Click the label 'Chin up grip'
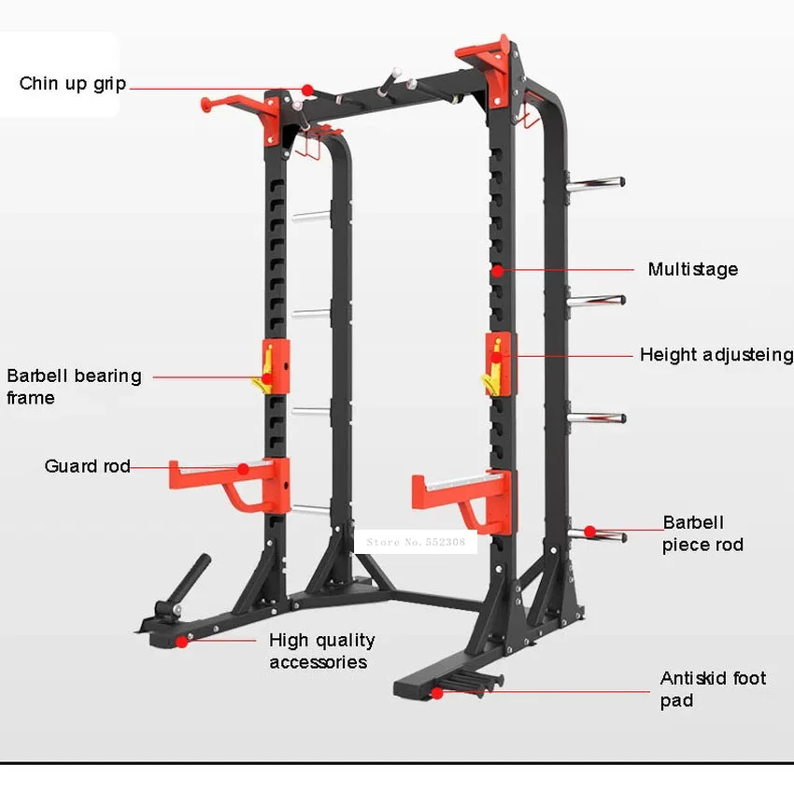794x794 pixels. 73,84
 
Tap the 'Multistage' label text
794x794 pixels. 692,269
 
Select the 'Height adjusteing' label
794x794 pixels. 716,355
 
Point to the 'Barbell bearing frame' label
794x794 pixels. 74,387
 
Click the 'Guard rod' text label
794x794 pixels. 87,465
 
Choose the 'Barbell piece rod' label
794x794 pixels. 702,533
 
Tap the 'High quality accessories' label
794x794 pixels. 321,651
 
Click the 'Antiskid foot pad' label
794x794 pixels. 713,689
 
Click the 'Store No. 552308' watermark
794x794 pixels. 416,541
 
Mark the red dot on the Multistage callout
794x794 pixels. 499,270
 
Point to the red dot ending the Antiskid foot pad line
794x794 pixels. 436,692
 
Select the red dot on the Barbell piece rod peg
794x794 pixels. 590,532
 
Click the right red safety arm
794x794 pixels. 462,495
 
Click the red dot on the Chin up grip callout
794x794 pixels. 306,89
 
